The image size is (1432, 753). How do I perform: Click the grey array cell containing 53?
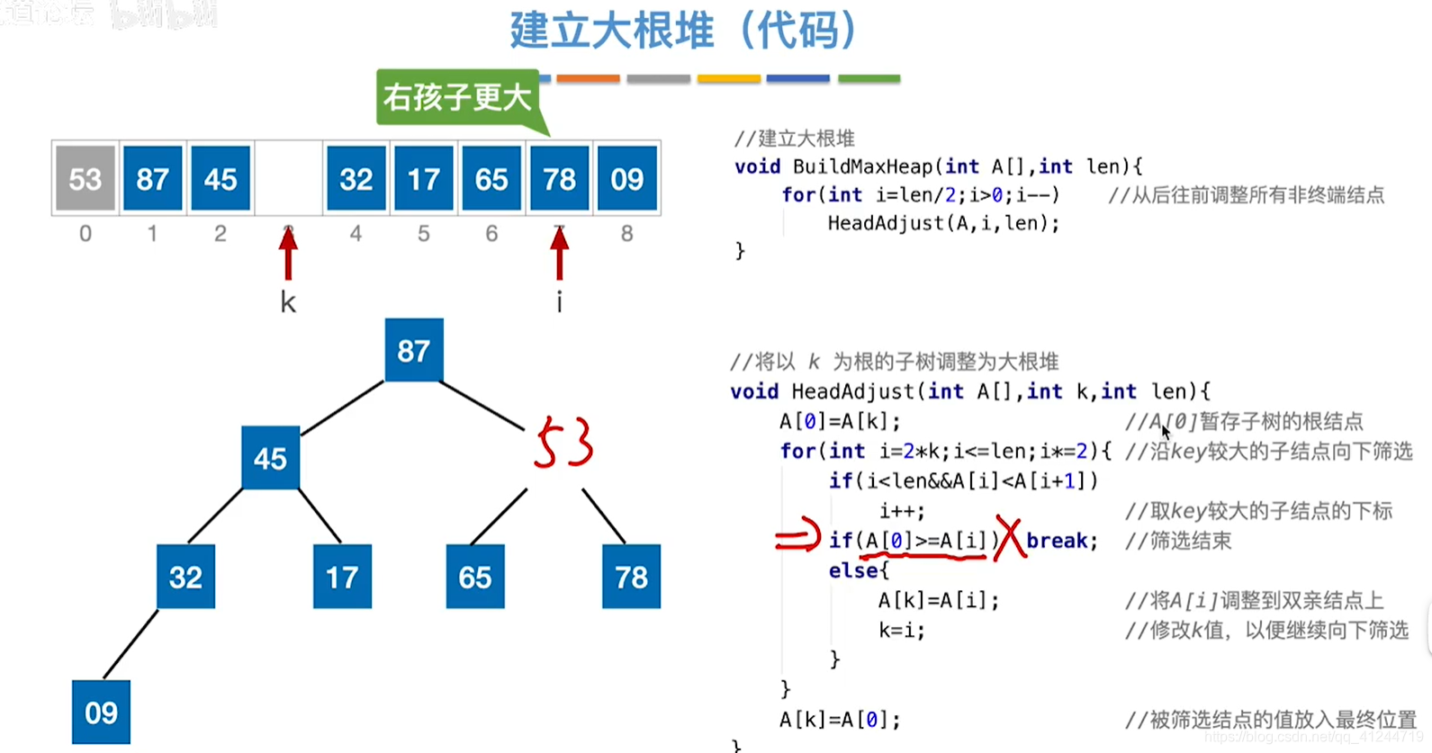coord(86,178)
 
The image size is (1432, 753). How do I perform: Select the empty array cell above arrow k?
coord(288,178)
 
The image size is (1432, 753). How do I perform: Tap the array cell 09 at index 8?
coord(626,178)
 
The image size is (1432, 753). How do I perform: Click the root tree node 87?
coord(413,350)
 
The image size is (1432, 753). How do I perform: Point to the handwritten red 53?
coord(563,443)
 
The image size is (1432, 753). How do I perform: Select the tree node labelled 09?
coord(101,712)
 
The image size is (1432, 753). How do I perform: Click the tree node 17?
coord(342,577)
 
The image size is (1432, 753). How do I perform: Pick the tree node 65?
coord(475,577)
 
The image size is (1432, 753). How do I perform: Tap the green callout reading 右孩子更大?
coord(457,97)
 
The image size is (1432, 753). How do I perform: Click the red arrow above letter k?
coord(288,255)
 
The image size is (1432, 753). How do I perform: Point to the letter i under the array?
coord(559,302)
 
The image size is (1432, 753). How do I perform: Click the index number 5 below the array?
coord(423,234)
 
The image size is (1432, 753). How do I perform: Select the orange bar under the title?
coord(588,79)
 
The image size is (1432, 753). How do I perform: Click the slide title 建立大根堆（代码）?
coord(684,30)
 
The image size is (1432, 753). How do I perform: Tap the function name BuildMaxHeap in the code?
coord(863,166)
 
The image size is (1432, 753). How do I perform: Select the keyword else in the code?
coord(853,570)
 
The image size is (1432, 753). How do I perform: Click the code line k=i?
coord(901,630)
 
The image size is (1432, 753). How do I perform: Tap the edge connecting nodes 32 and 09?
coord(131,643)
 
